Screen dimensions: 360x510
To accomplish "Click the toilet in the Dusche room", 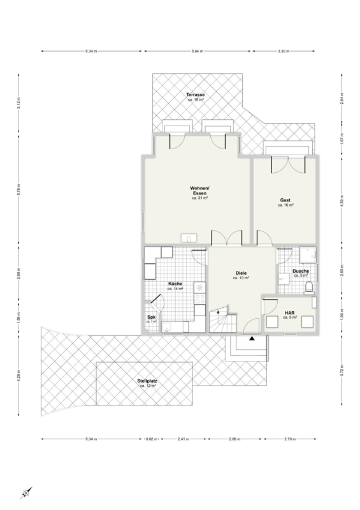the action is pos(308,288).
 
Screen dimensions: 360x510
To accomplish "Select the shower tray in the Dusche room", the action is pos(308,254).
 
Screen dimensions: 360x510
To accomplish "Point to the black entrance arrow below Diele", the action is pos(252,339).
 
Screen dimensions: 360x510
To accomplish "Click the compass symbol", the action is pos(26,493).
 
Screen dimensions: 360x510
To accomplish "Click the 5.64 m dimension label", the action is pos(198,51).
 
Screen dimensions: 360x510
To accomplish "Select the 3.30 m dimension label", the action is pos(284,51).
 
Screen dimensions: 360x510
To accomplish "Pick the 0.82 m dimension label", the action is pos(152,439).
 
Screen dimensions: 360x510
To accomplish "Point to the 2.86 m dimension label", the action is pos(234,439).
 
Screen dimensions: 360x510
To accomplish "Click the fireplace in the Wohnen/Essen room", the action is pos(189,238).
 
